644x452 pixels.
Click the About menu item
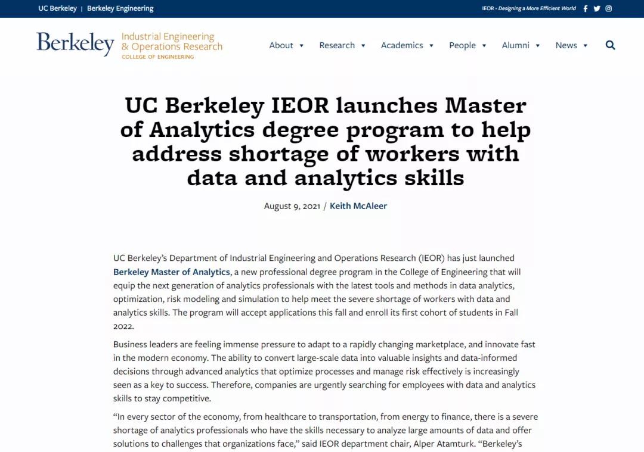[x=281, y=45]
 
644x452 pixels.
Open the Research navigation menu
[x=337, y=45]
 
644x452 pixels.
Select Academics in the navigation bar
[x=402, y=45]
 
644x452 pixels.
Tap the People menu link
[x=462, y=45]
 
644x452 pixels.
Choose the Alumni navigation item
[x=515, y=45]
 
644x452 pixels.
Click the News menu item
[x=566, y=45]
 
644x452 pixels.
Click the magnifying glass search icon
[x=610, y=45]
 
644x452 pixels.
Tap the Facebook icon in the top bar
[x=586, y=8]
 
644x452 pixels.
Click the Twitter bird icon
[x=597, y=8]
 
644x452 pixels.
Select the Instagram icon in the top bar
[x=609, y=8]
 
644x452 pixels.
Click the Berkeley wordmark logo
[x=75, y=43]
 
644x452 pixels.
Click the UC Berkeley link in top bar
[x=57, y=8]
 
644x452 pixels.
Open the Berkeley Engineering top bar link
[x=120, y=8]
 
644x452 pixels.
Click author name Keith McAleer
[x=358, y=206]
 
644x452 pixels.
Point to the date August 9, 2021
[x=292, y=206]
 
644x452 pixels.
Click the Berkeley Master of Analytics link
[x=172, y=272]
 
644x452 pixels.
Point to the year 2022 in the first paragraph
[x=123, y=326]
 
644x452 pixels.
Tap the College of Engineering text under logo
[x=158, y=57]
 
